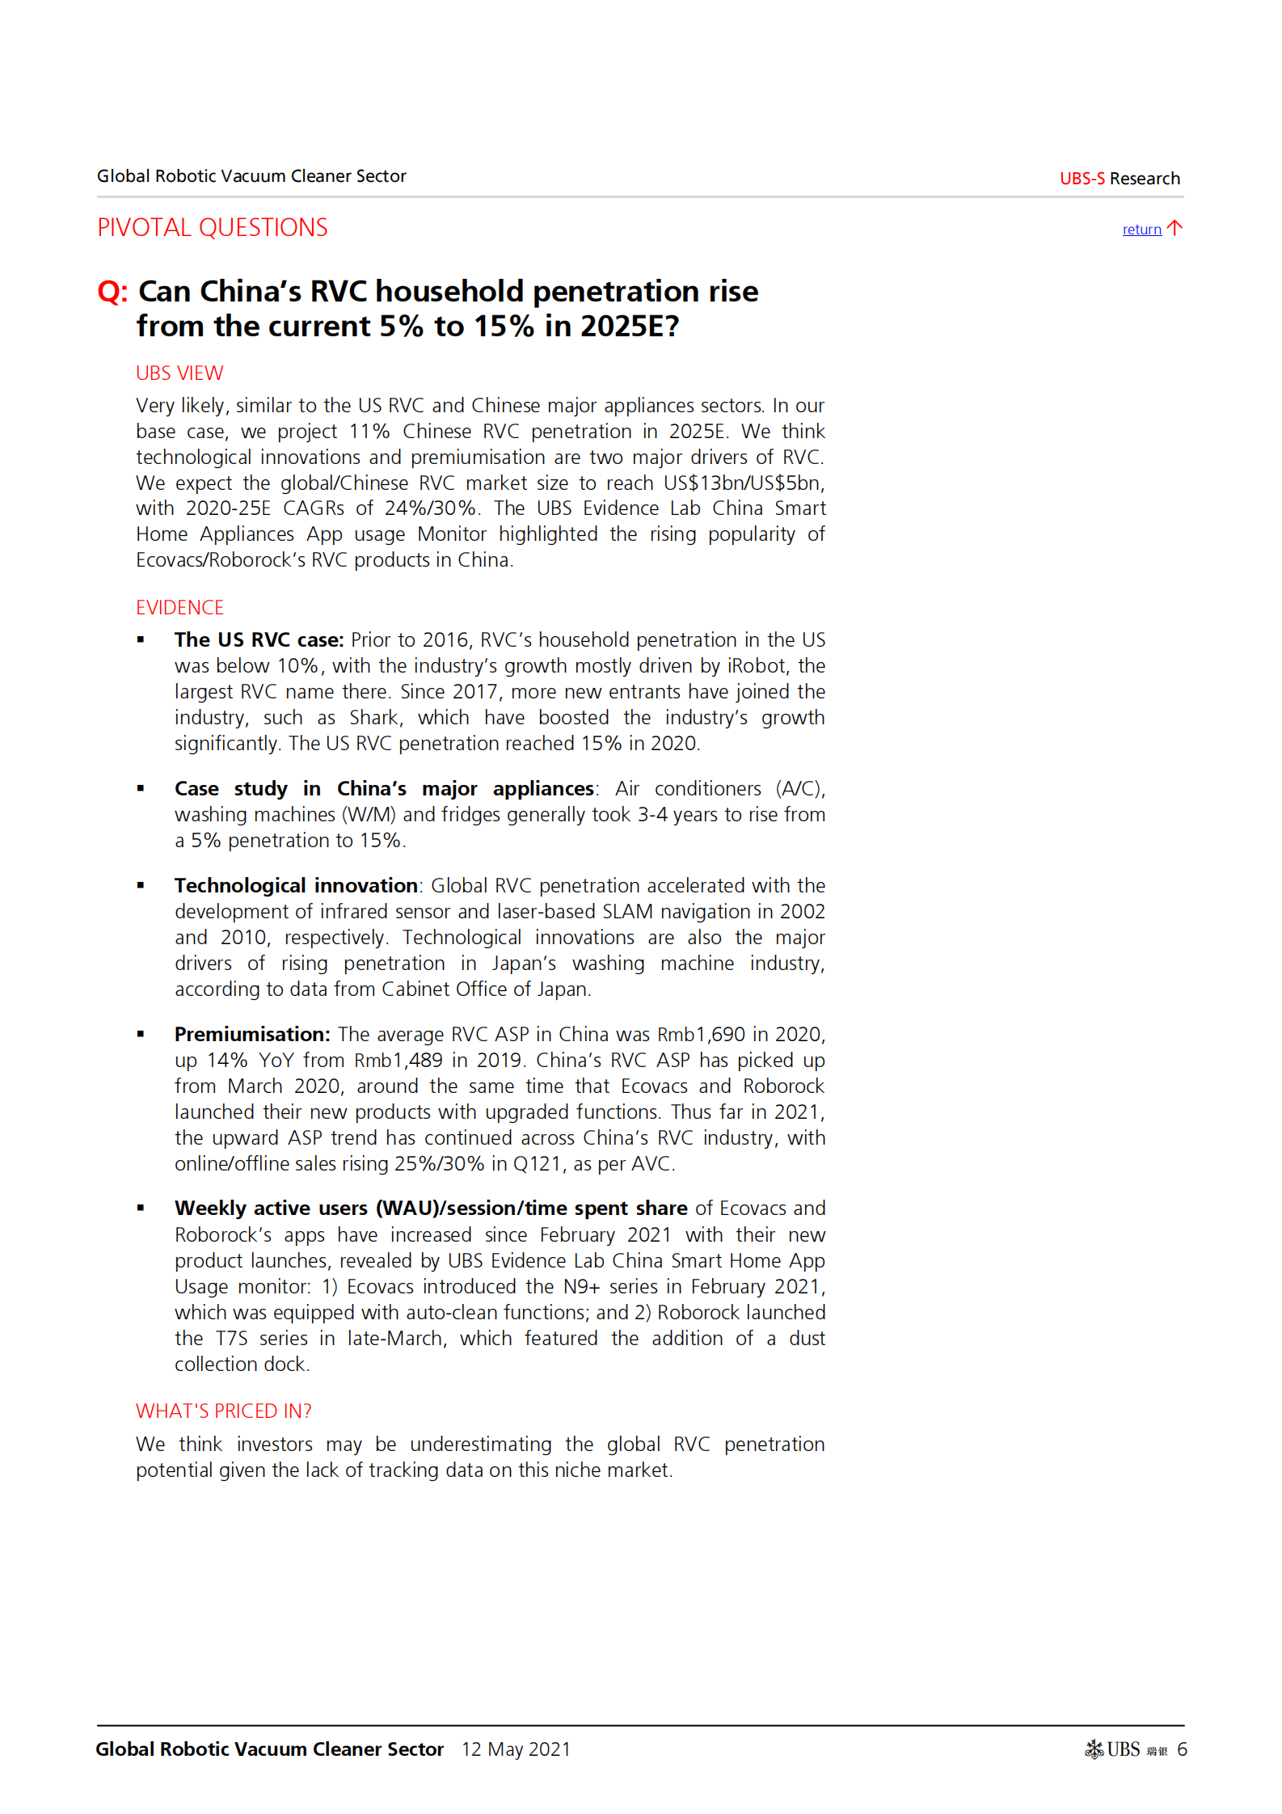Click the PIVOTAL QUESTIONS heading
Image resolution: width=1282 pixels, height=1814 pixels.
(212, 228)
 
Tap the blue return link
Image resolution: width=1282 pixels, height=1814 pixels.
(1141, 230)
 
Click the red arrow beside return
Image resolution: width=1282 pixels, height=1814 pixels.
(1175, 228)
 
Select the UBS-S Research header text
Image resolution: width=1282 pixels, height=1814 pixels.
(1120, 179)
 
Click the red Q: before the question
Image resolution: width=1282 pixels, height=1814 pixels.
(112, 292)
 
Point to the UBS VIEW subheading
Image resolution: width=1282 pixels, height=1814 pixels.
(179, 373)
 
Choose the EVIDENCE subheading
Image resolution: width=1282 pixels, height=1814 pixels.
(179, 608)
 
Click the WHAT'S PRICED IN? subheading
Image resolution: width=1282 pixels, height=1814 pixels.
(224, 1411)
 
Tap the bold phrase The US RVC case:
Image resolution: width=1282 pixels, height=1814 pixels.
(259, 640)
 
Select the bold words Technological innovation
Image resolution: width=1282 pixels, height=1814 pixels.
(296, 886)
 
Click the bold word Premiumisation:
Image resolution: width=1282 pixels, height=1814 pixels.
(252, 1035)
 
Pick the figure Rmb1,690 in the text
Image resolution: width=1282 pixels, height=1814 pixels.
(701, 1035)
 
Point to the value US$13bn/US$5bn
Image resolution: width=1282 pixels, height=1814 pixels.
(742, 483)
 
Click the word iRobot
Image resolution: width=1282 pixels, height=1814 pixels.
(757, 666)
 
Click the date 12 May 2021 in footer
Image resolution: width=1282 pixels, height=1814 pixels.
(516, 1749)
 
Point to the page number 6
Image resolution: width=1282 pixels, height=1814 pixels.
(1182, 1749)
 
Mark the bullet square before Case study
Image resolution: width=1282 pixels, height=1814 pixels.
(141, 788)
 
